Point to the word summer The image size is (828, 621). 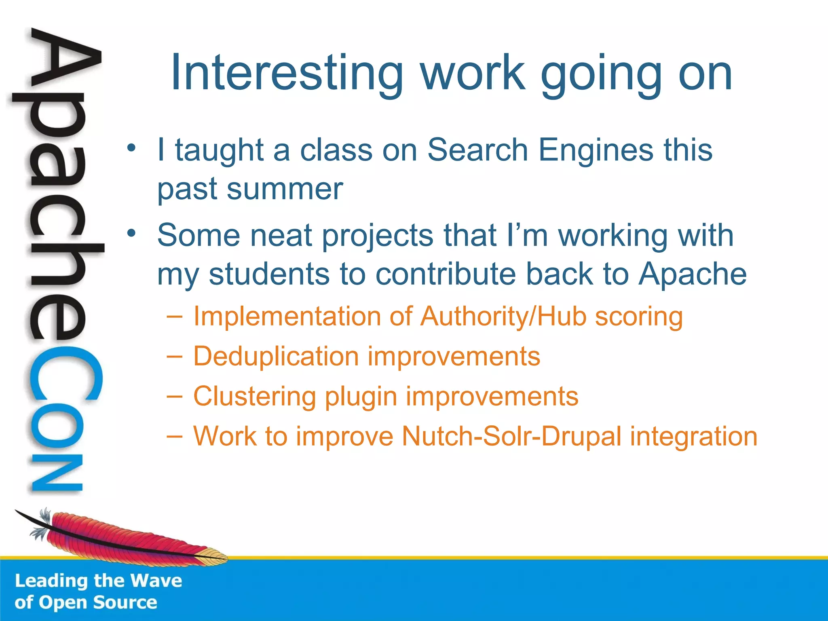coord(285,189)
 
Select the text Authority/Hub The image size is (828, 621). coord(503,316)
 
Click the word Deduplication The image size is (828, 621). coord(276,356)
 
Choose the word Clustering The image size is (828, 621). coord(254,397)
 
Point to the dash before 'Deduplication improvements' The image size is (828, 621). coord(174,356)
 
